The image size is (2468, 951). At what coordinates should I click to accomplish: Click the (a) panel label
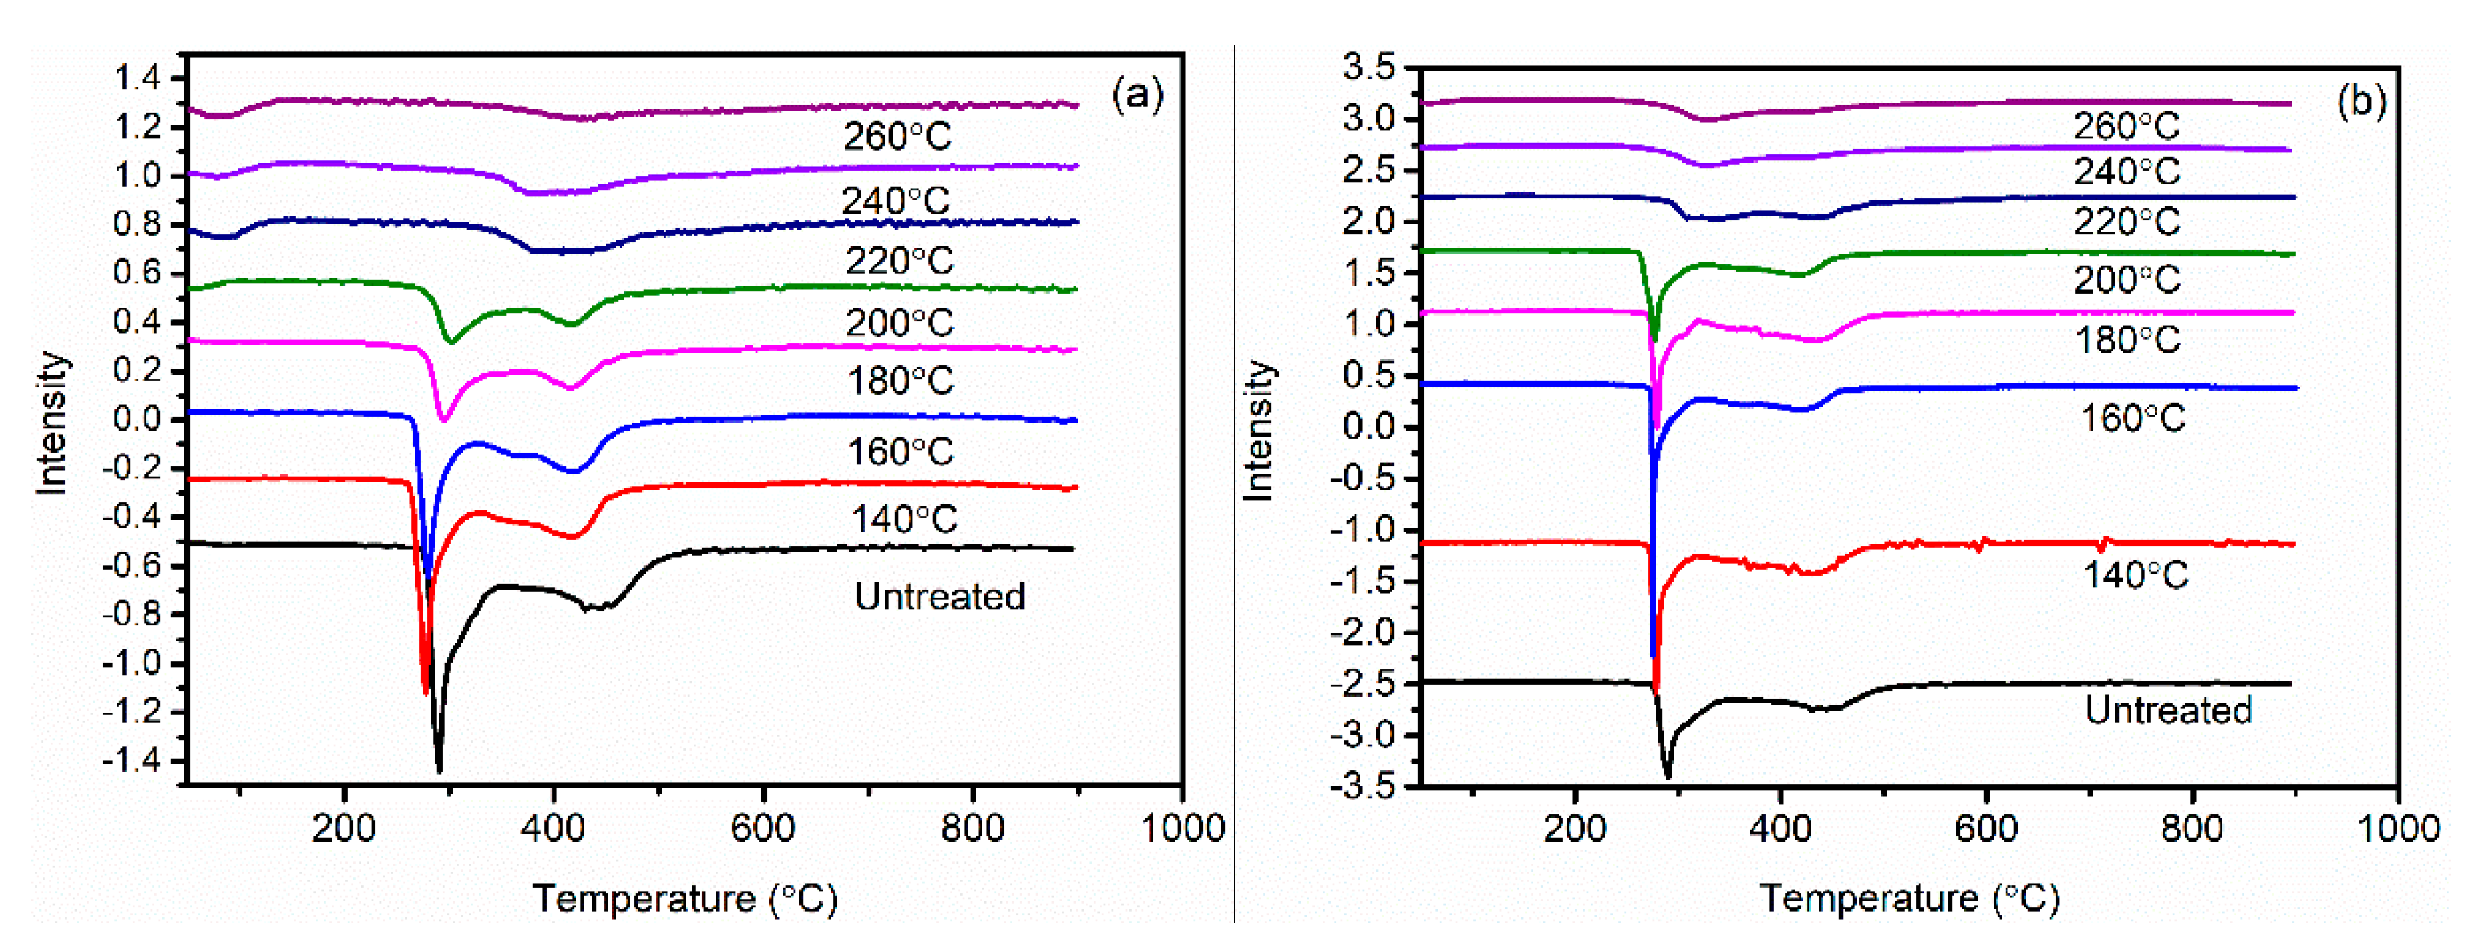pyautogui.click(x=1137, y=95)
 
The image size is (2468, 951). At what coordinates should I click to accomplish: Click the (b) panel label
pyautogui.click(x=2361, y=101)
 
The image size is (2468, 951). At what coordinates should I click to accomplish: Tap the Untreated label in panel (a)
pyautogui.click(x=939, y=597)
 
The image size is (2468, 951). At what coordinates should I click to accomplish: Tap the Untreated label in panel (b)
pyautogui.click(x=2168, y=711)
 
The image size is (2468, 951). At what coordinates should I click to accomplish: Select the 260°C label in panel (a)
pyautogui.click(x=898, y=137)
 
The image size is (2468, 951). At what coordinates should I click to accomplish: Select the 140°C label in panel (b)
pyautogui.click(x=2136, y=576)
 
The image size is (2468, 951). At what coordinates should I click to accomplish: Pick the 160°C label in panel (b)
pyautogui.click(x=2133, y=418)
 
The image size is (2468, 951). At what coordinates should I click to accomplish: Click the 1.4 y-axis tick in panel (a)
pyautogui.click(x=136, y=77)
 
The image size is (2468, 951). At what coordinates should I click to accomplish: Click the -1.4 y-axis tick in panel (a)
pyautogui.click(x=131, y=762)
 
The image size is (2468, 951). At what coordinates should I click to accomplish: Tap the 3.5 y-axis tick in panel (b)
pyautogui.click(x=1369, y=68)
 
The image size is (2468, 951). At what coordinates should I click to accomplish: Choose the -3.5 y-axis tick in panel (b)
pyautogui.click(x=1363, y=786)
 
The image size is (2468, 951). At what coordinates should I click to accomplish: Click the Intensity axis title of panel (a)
pyautogui.click(x=52, y=423)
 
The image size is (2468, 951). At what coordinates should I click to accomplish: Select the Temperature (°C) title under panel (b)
pyautogui.click(x=1908, y=899)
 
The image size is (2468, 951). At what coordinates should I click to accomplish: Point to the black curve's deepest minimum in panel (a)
pyautogui.click(x=439, y=769)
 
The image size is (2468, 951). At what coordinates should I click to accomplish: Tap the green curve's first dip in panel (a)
pyautogui.click(x=450, y=341)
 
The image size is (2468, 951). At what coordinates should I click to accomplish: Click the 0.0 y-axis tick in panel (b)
pyautogui.click(x=1369, y=427)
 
